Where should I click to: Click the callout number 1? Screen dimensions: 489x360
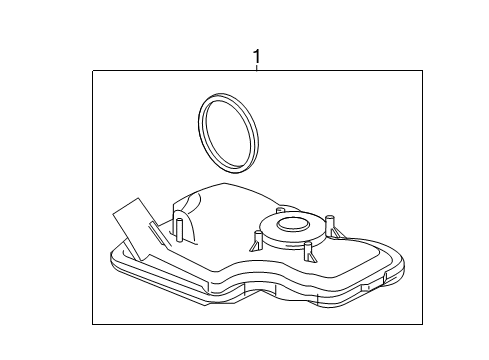(x=256, y=57)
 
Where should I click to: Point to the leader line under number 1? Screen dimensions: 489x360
(x=256, y=68)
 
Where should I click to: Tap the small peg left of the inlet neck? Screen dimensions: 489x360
(x=255, y=240)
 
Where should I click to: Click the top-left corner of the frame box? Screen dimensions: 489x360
(x=93, y=71)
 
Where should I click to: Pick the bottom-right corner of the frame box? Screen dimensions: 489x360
(x=423, y=324)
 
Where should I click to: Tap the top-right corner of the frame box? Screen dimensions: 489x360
(x=423, y=71)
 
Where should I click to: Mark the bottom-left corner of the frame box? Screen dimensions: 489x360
(x=93, y=324)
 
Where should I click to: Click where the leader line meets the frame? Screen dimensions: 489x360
(x=256, y=71)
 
